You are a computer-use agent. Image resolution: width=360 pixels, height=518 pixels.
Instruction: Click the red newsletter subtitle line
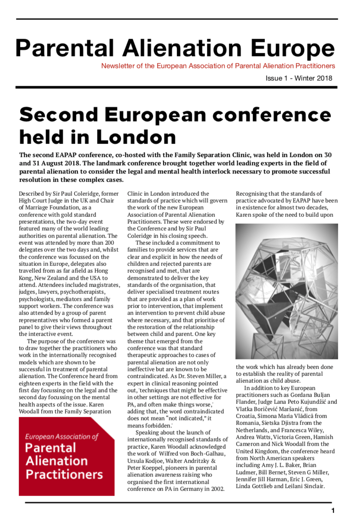[218, 66]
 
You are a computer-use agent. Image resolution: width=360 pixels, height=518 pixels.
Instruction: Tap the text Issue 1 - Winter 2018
[299, 78]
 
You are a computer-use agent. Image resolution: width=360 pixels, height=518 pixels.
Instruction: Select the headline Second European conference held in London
[175, 125]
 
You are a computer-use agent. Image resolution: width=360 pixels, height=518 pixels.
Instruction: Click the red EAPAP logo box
[67, 456]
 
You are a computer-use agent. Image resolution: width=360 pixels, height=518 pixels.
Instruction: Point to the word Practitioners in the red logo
[64, 474]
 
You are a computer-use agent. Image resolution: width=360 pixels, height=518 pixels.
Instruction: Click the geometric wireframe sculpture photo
[287, 291]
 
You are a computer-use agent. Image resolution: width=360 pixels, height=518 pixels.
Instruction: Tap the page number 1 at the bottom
[333, 510]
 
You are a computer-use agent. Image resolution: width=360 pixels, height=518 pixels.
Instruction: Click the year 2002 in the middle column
[217, 489]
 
